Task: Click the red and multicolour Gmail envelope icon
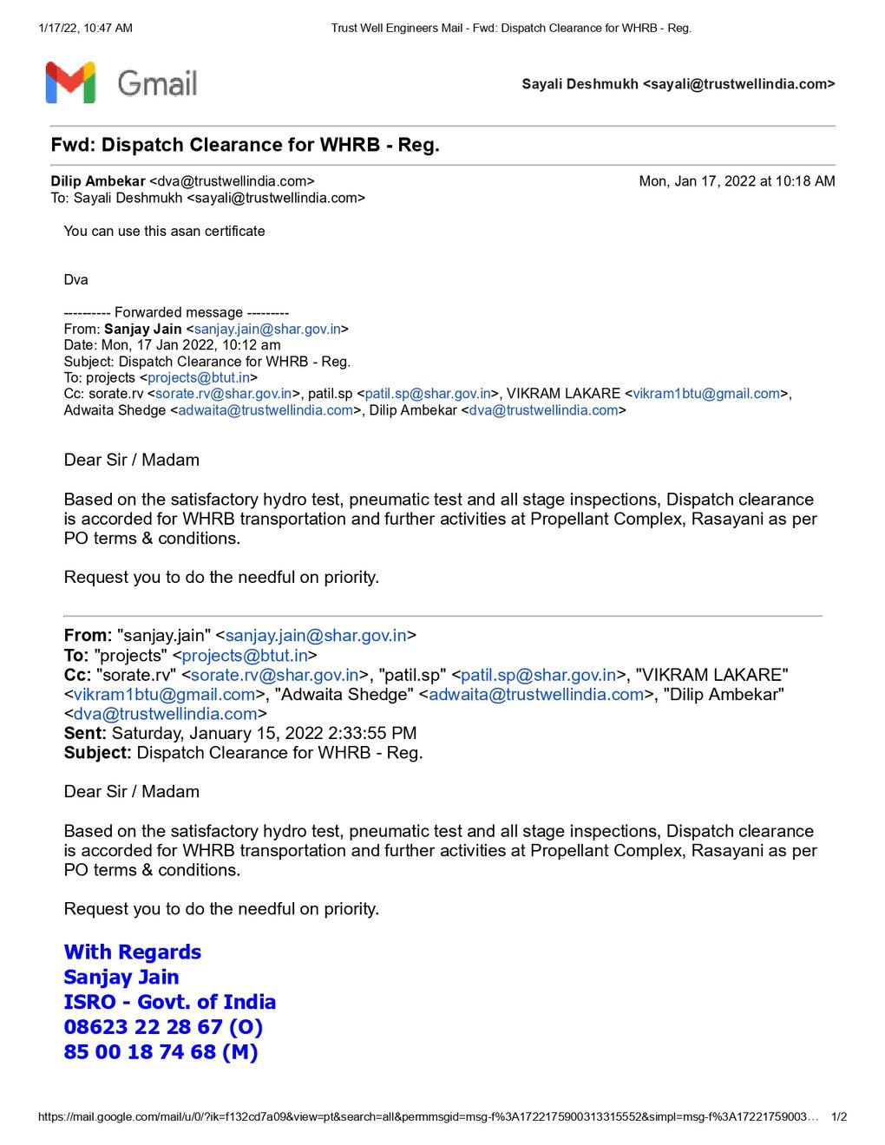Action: coord(70,83)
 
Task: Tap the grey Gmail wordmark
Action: coord(157,83)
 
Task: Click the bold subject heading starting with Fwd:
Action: coord(245,145)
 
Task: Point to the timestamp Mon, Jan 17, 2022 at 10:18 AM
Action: coord(737,181)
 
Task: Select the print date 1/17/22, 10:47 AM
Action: coord(86,28)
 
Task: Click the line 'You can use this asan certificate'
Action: coord(164,231)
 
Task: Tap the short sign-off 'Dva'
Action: coord(75,279)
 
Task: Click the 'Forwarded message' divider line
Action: coord(176,312)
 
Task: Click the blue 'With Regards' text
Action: coord(132,952)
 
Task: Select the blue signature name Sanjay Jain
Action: coord(121,977)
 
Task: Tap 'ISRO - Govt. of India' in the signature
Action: coord(170,1002)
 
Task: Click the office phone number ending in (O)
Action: coord(163,1027)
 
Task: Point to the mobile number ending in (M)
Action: coord(161,1052)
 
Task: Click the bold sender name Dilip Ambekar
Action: coord(98,181)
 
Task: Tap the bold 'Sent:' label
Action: coord(85,733)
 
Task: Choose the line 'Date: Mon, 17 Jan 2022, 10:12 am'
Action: coord(172,345)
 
